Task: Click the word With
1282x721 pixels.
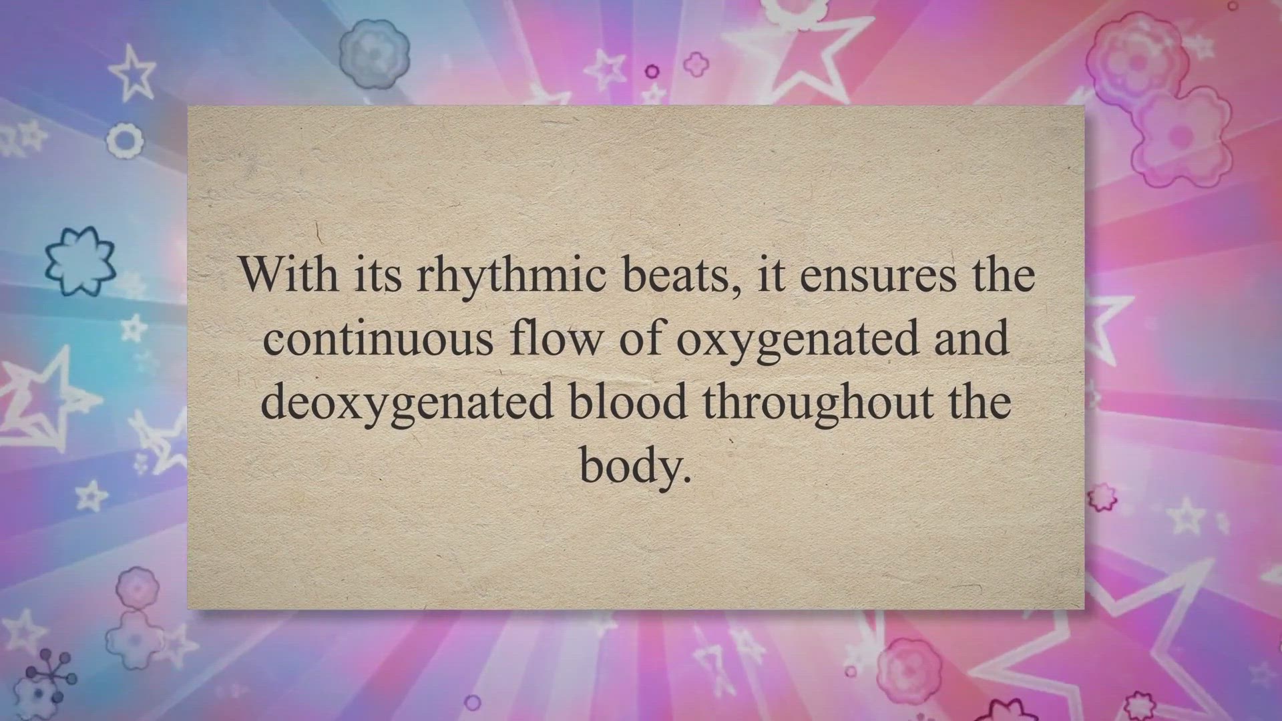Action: (289, 274)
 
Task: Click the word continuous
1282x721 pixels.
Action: (378, 338)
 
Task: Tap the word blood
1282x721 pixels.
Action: (628, 401)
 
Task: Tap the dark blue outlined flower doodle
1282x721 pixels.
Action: (79, 260)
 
